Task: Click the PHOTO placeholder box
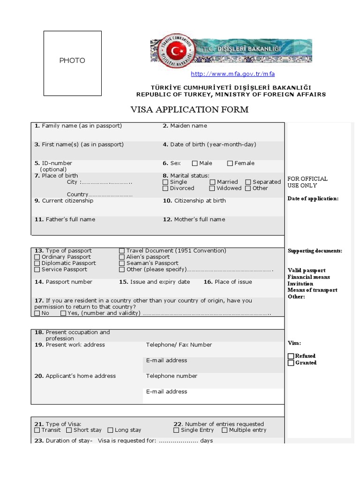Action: (x=72, y=63)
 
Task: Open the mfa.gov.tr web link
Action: (x=232, y=74)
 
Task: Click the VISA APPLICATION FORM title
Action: (x=189, y=110)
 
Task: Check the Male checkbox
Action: (x=195, y=164)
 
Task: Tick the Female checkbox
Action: (x=230, y=164)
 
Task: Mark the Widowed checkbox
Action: (x=212, y=188)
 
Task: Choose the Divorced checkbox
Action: (x=165, y=188)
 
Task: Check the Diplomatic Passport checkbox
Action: (x=37, y=263)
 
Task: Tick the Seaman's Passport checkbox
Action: (x=122, y=263)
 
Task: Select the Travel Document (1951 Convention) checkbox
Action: (x=122, y=251)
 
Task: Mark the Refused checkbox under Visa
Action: (x=291, y=356)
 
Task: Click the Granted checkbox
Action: (x=291, y=363)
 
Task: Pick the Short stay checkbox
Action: (x=69, y=430)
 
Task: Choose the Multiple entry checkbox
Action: (x=225, y=430)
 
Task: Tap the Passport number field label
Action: (x=63, y=282)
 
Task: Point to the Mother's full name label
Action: (x=194, y=219)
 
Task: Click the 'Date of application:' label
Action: (x=313, y=199)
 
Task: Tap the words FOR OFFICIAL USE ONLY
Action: (x=307, y=182)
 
